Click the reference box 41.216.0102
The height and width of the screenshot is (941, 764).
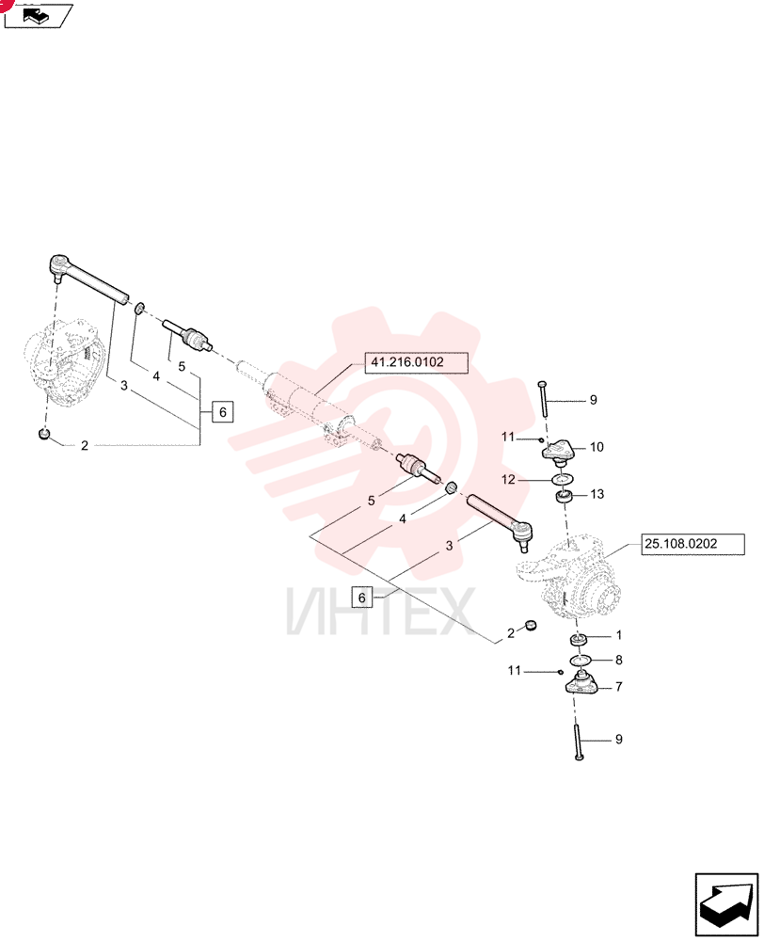coord(416,363)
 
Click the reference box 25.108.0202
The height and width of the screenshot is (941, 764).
coord(692,544)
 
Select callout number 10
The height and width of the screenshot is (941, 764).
coord(597,447)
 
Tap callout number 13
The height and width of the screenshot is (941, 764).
coord(597,495)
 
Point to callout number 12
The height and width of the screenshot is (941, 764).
coord(508,480)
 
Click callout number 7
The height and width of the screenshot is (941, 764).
coord(619,687)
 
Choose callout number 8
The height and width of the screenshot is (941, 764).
coord(619,661)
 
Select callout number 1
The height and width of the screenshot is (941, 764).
coord(619,635)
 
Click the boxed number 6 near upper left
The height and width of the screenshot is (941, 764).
coord(223,412)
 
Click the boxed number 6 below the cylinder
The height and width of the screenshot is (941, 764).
coord(362,598)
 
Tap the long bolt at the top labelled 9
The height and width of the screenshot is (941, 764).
coord(543,398)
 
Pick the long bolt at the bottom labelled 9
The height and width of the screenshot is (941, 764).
coord(578,743)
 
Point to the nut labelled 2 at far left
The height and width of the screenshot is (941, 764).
coord(43,433)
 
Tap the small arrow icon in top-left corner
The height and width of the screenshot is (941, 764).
coord(38,15)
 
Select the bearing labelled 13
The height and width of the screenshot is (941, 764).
coord(565,497)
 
